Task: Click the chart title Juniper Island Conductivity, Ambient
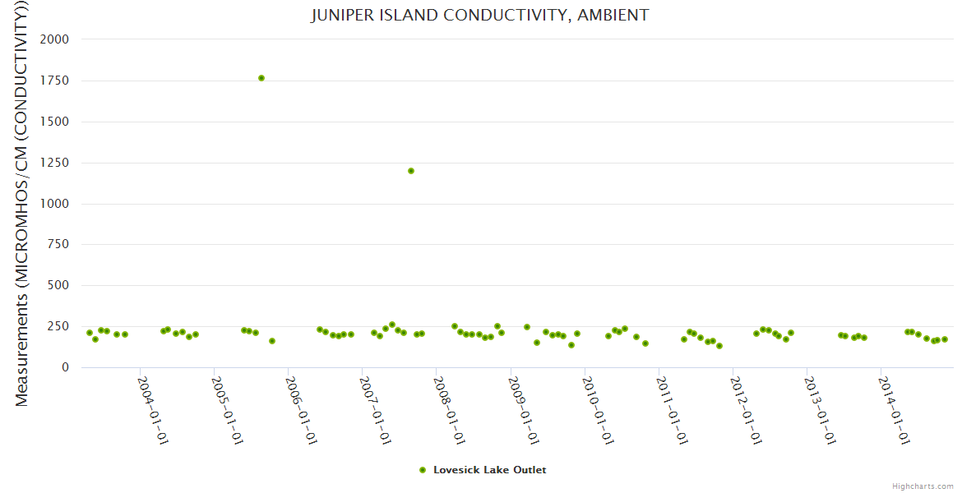click(480, 15)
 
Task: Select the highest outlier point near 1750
click(261, 78)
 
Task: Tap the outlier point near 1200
click(411, 171)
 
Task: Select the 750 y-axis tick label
click(59, 245)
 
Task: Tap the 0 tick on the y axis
click(65, 367)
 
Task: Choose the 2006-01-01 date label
click(301, 410)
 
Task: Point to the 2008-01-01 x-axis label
click(449, 410)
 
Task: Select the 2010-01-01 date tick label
click(597, 410)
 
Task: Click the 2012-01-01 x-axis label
click(745, 410)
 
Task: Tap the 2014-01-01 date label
click(893, 410)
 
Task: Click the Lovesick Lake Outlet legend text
click(490, 470)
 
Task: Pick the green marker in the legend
click(423, 470)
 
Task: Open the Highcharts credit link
click(923, 486)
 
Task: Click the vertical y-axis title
click(22, 203)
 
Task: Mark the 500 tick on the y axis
click(59, 286)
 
